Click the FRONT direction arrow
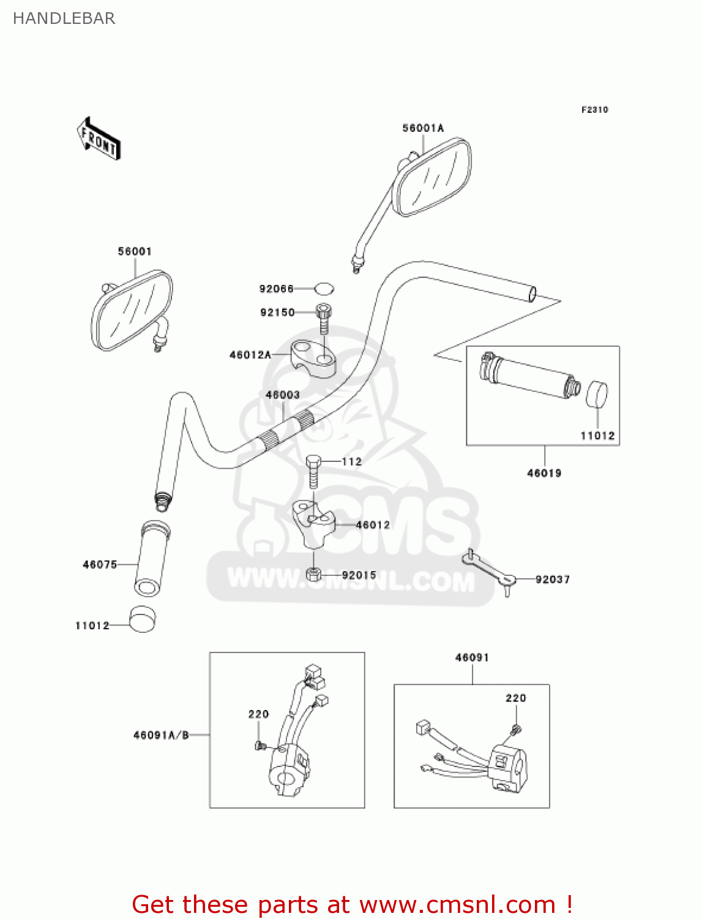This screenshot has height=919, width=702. click(98, 139)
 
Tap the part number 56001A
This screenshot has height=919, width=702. click(423, 128)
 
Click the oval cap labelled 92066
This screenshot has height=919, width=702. click(324, 288)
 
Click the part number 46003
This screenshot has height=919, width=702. click(282, 395)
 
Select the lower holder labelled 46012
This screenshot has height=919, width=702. click(313, 524)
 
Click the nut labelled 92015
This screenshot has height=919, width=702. click(313, 574)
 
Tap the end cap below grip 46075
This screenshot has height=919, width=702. click(143, 619)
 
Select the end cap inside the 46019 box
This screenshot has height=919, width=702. click(597, 395)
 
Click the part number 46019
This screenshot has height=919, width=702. click(544, 473)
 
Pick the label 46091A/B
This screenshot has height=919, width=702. click(161, 735)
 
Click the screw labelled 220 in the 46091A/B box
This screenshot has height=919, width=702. click(258, 746)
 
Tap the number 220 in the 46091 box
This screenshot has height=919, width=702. click(515, 698)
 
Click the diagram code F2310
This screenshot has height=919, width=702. click(594, 110)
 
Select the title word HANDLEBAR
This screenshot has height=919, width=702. click(64, 18)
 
